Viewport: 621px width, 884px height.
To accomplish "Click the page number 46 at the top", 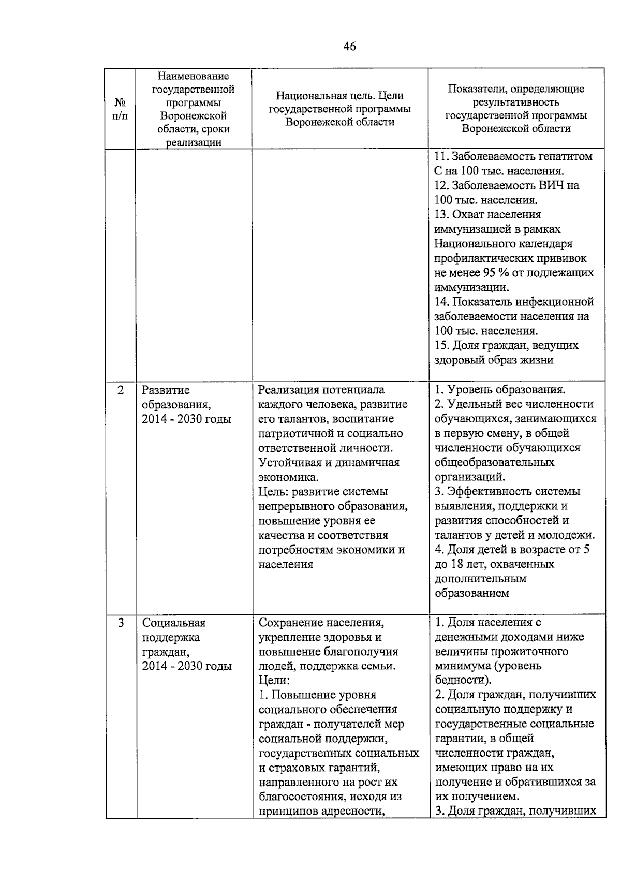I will pos(349,47).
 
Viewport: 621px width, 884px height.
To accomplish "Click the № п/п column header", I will pos(120,109).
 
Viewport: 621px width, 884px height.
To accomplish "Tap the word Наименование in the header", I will pos(193,76).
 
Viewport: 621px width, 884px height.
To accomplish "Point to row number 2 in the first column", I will pos(121,390).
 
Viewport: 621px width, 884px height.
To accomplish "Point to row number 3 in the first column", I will pos(121,623).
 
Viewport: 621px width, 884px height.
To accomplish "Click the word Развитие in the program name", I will pos(166,390).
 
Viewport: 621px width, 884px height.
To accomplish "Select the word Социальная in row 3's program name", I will pos(174,623).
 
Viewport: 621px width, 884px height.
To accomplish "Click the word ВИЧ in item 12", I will pos(553,185).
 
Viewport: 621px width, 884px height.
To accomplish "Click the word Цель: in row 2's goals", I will pos(274,492).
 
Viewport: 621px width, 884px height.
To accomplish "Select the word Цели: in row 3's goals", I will pos(274,681).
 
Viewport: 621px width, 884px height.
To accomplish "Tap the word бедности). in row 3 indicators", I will pos(463,680).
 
